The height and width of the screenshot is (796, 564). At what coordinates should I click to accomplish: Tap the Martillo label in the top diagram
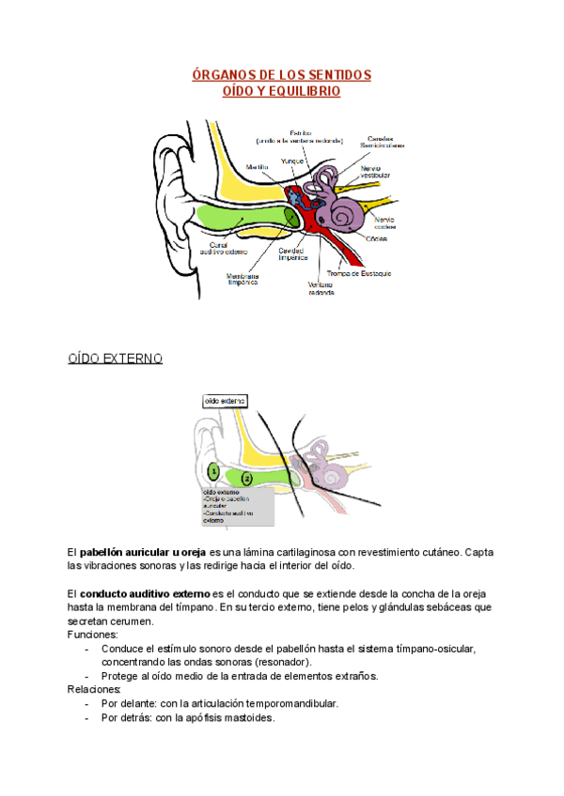point(258,166)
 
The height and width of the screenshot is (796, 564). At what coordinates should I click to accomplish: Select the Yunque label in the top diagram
point(292,161)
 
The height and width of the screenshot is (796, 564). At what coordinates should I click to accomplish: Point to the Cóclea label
point(376,238)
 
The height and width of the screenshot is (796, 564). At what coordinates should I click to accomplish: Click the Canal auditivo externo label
point(223,249)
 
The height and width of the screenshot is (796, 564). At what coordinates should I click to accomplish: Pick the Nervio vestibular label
point(376,173)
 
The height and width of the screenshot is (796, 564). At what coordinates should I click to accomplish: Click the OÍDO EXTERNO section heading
point(116,359)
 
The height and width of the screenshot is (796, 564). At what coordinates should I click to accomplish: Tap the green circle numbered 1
point(213,471)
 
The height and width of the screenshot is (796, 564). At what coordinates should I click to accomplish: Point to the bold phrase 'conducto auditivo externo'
point(145,594)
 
